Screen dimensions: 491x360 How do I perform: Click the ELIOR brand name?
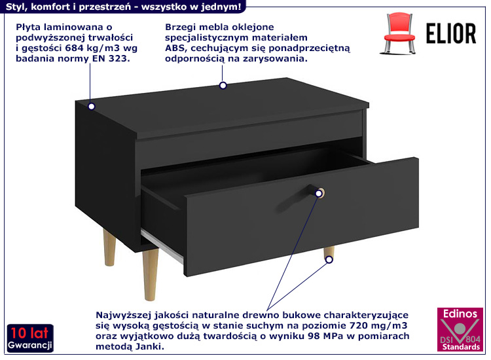click(451, 33)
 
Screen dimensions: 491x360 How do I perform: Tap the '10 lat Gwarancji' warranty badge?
click(30, 338)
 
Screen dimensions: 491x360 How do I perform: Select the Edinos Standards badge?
click(460, 329)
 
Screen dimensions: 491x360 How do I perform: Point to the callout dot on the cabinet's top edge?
click(223, 85)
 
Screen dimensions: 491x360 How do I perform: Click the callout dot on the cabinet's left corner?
click(92, 107)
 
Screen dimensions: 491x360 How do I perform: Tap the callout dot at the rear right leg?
click(329, 259)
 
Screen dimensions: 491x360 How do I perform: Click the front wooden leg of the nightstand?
click(151, 274)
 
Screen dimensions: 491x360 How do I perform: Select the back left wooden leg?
click(109, 247)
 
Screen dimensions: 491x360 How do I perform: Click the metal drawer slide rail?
click(162, 246)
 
